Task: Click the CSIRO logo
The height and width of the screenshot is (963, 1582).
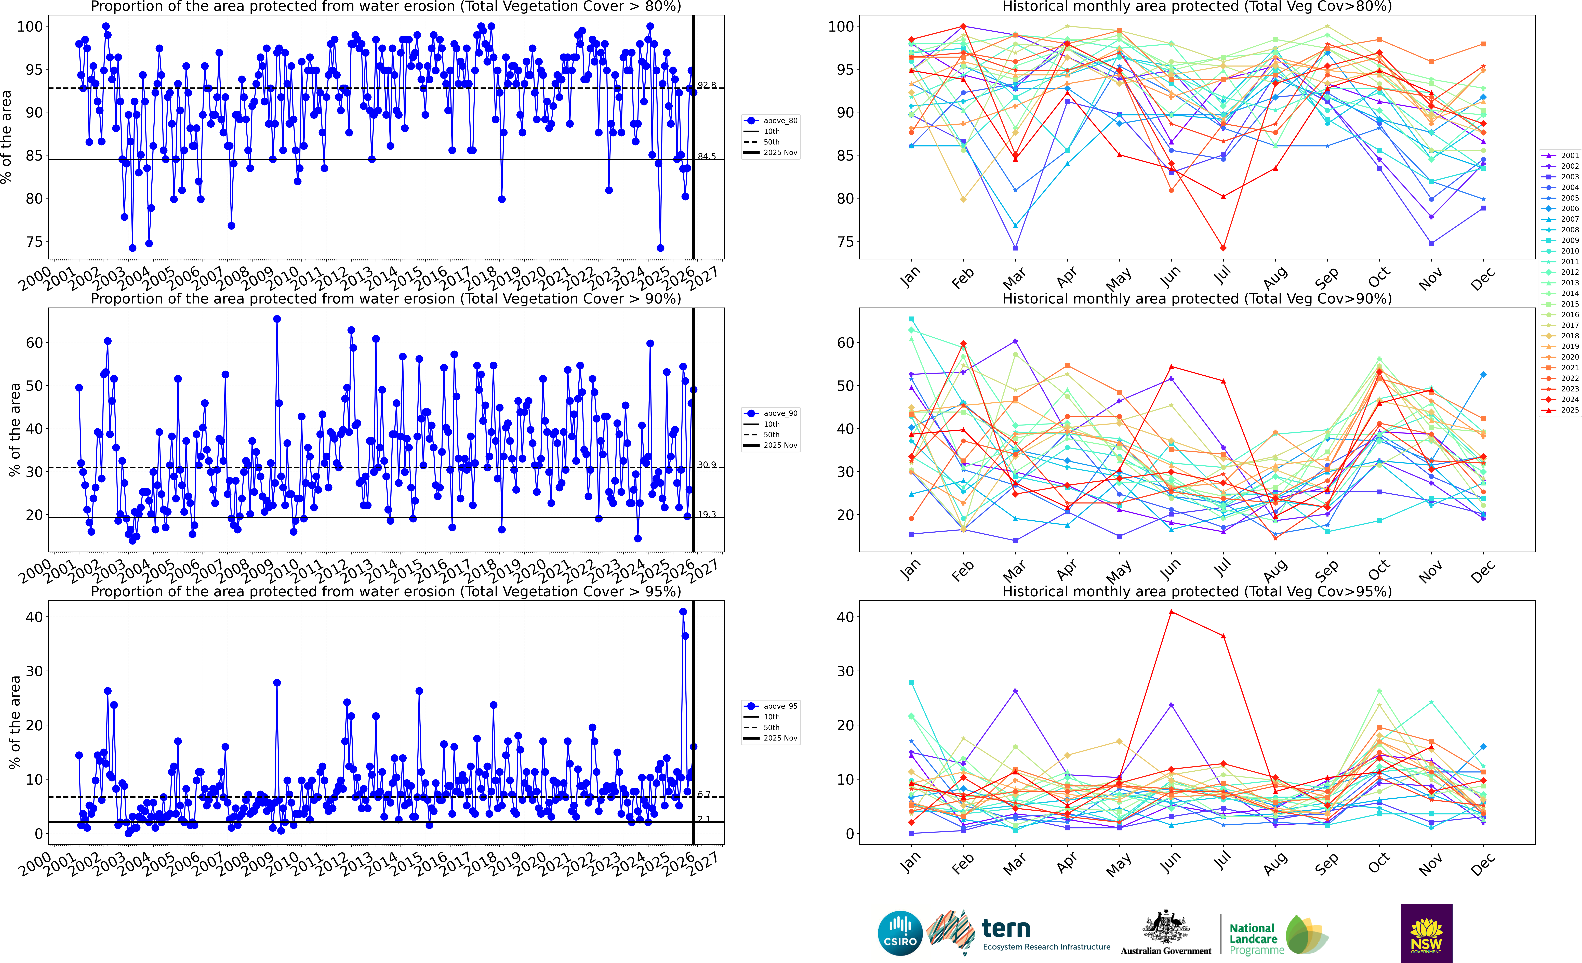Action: coord(900,933)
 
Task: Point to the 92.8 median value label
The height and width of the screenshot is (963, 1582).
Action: coord(706,85)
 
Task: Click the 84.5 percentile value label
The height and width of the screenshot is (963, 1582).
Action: coord(706,156)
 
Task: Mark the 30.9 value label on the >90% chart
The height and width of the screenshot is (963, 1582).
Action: coord(706,464)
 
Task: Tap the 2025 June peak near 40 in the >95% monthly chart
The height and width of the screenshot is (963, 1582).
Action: coord(1171,612)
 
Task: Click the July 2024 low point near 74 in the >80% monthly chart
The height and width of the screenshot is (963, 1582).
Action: coord(1223,248)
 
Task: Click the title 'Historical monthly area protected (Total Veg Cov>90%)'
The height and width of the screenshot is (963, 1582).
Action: coord(1197,299)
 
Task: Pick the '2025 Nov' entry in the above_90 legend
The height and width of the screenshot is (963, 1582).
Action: coord(779,445)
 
